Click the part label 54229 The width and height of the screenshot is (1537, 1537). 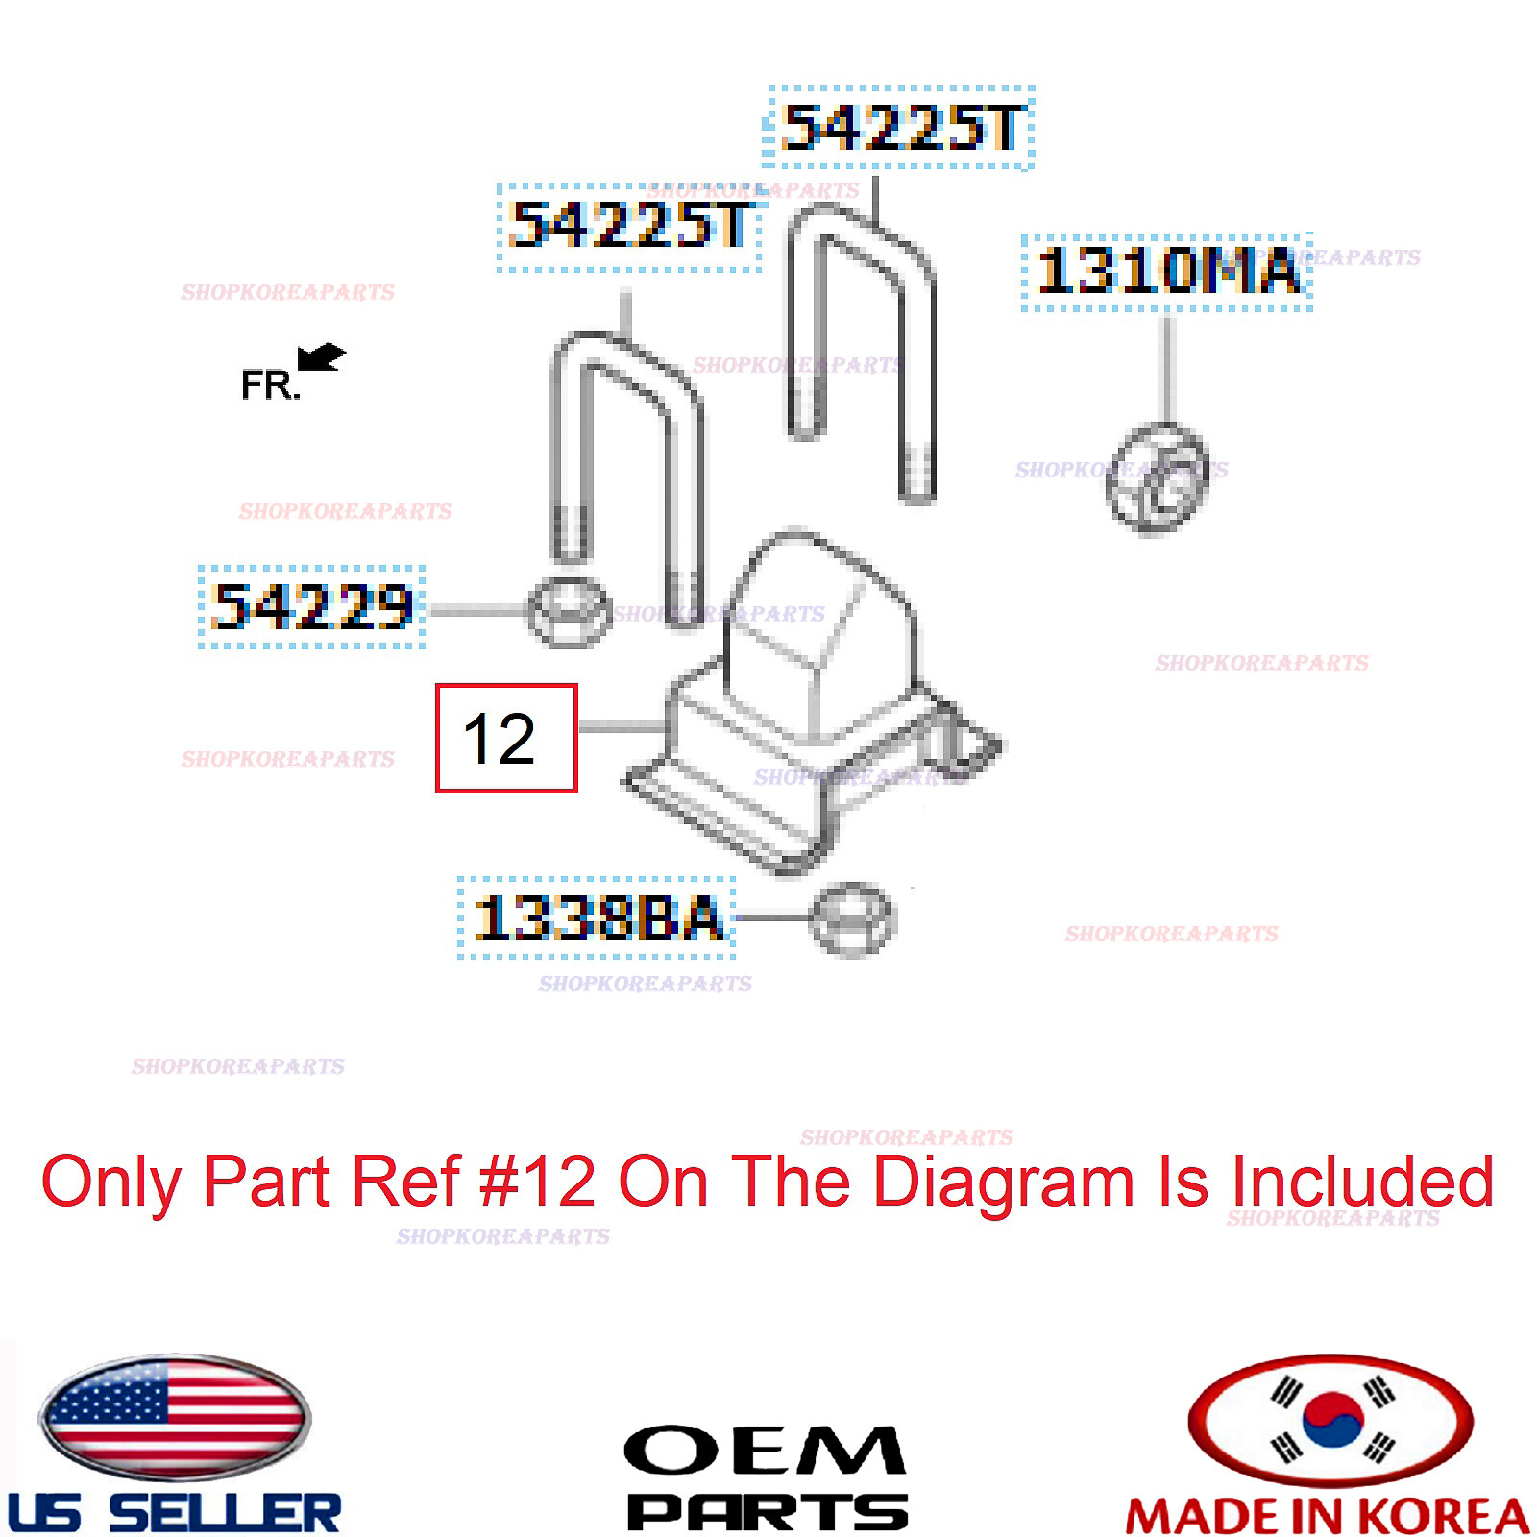tap(312, 607)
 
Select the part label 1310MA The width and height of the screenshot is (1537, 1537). tap(1167, 272)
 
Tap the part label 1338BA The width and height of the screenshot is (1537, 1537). tap(597, 917)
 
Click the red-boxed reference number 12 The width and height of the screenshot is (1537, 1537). tap(506, 739)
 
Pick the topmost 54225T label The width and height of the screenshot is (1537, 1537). tap(899, 128)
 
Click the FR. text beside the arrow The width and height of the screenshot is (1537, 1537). tap(269, 386)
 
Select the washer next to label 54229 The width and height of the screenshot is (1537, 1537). tap(569, 611)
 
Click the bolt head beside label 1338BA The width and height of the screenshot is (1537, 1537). tap(851, 919)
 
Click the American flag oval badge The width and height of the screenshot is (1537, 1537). tap(175, 1418)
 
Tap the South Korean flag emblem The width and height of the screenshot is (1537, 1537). tap(1330, 1419)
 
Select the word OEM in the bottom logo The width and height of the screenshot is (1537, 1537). tap(765, 1451)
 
